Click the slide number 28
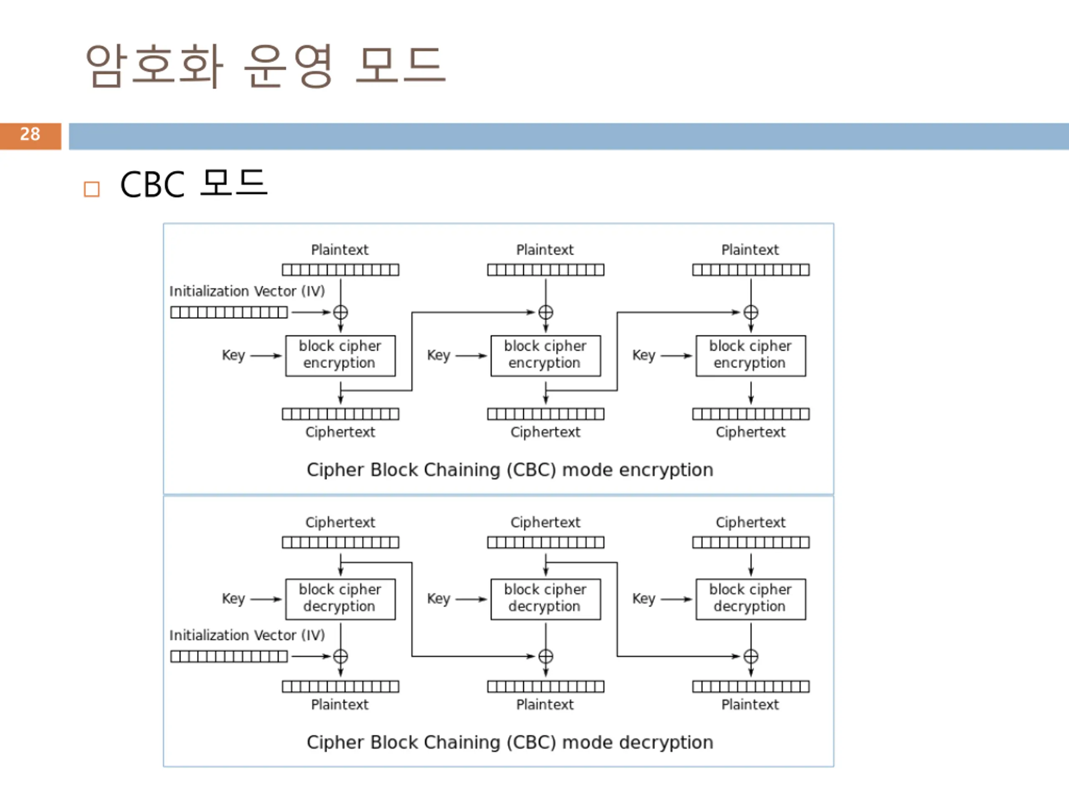[30, 134]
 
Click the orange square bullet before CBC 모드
[92, 189]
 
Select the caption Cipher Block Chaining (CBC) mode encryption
[510, 470]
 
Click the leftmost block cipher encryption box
[340, 356]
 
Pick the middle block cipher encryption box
[546, 356]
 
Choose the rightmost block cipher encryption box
[750, 356]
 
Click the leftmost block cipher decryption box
[340, 599]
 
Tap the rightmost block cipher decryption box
[750, 599]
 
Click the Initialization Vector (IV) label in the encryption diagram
[247, 292]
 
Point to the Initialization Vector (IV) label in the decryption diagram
[247, 635]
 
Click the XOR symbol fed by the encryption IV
[340, 312]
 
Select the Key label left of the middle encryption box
[438, 355]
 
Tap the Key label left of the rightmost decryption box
[644, 599]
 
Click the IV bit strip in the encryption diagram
[229, 312]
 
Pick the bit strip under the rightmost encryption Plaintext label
[750, 270]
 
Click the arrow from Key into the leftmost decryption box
[266, 599]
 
